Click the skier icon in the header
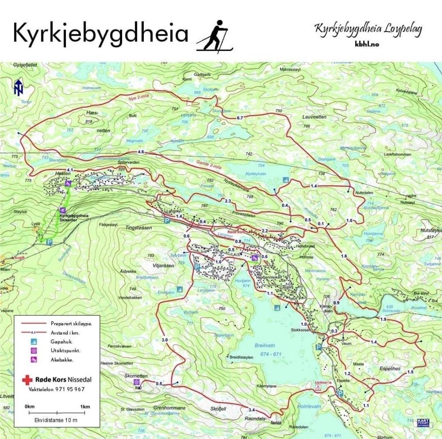click(215, 36)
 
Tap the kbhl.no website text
click(367, 44)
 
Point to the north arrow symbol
click(18, 87)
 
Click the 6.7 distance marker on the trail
click(240, 118)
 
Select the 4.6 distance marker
click(141, 152)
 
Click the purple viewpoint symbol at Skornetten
click(136, 382)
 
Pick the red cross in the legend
click(28, 379)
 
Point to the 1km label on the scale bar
click(85, 407)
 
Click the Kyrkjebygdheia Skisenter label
click(74, 217)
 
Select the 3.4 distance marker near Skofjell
click(252, 410)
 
